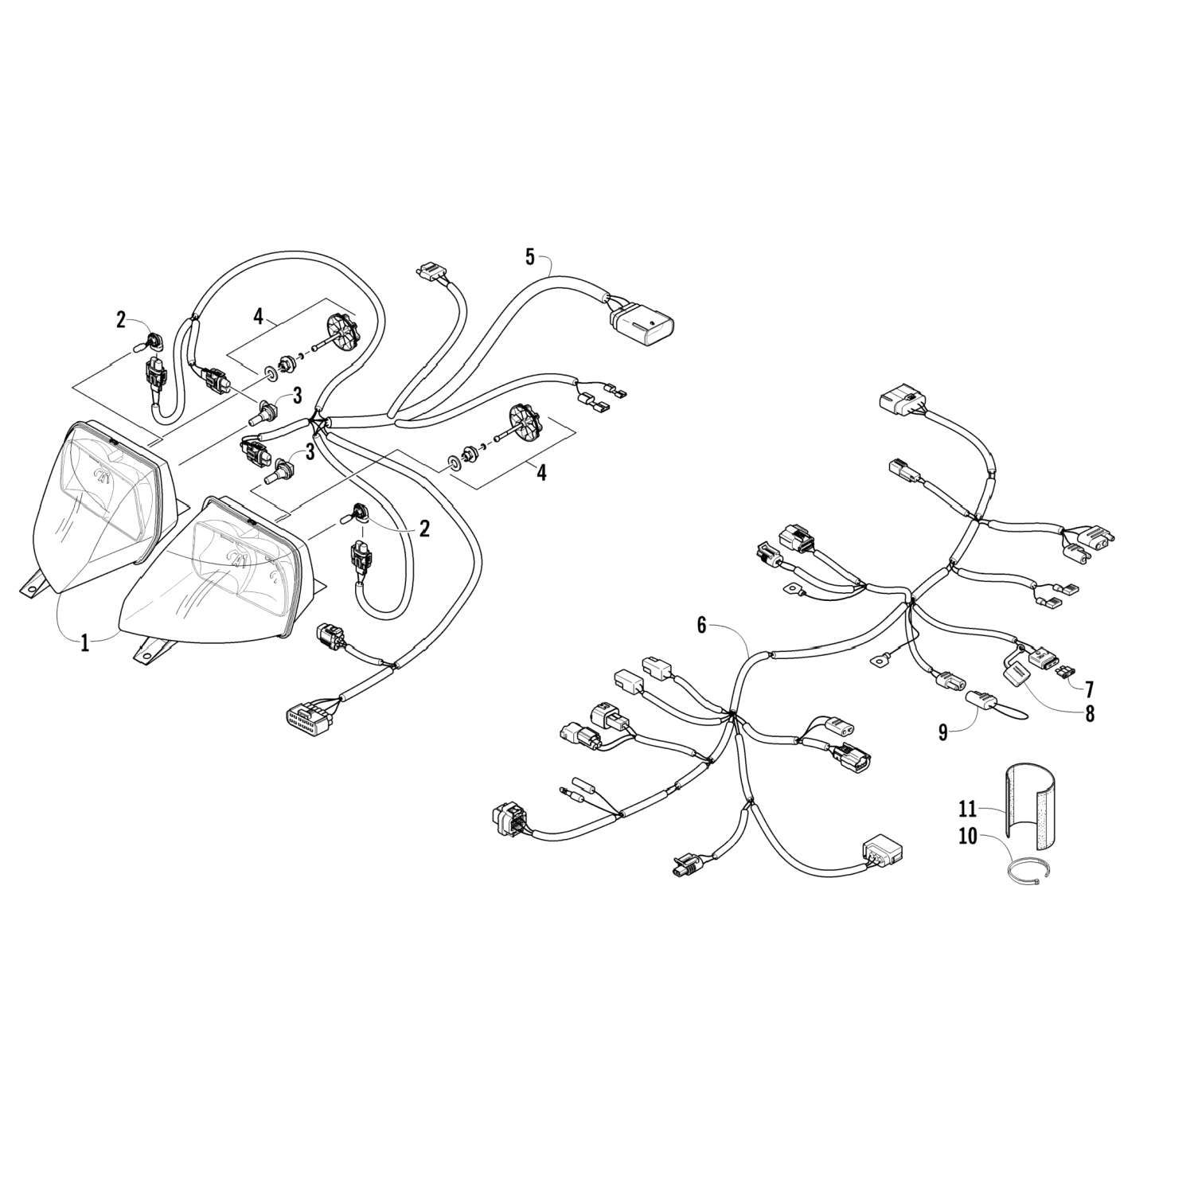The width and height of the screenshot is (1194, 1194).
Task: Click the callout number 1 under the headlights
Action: (85, 642)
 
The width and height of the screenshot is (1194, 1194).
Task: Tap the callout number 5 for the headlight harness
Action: (530, 256)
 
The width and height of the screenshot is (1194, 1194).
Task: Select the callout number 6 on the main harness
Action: (701, 626)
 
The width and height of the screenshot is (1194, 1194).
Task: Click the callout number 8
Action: (1088, 713)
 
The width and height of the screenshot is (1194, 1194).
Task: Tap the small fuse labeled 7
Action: (1064, 673)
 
